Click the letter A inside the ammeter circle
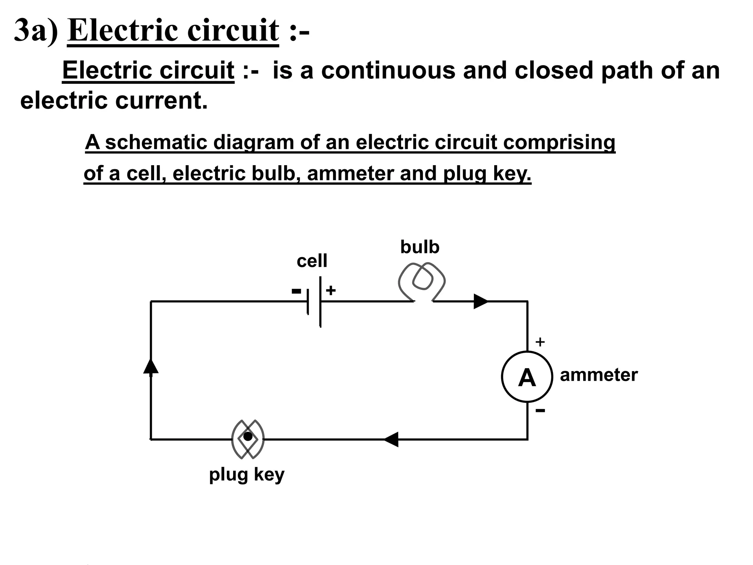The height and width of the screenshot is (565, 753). coord(527,378)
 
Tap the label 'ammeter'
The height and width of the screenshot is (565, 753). coord(599,375)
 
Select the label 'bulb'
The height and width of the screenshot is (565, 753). coord(420,247)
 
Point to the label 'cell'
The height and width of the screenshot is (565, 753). coord(312,261)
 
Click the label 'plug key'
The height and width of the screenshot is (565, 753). coord(247,475)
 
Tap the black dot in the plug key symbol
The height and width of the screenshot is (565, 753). coord(248,437)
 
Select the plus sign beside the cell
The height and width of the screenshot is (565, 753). coord(331,291)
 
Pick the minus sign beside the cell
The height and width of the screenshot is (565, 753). coord(296,291)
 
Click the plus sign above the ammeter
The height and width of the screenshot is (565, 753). coord(540,342)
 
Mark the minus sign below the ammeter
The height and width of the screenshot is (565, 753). coord(540,410)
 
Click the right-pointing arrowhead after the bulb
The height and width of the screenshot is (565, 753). coord(480,302)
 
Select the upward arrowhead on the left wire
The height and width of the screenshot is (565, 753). coord(151,366)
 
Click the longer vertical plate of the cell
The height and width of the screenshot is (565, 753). coord(320,302)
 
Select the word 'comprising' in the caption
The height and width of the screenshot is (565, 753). coord(559,143)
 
